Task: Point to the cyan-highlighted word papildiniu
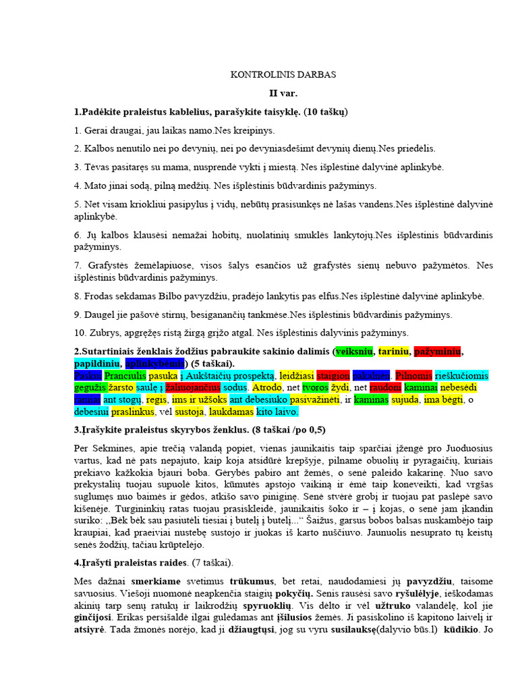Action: click(98, 363)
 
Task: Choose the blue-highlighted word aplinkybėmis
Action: click(154, 363)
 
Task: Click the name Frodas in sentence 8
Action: click(98, 296)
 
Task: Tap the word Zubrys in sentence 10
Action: click(99, 333)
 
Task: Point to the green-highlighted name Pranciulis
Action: click(125, 375)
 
